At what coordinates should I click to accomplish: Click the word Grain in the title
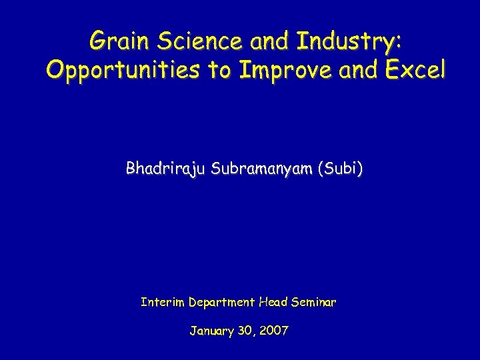[115, 41]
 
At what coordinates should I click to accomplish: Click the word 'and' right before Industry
[271, 41]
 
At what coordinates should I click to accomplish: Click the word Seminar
[315, 302]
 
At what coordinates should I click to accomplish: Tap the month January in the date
[212, 331]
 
